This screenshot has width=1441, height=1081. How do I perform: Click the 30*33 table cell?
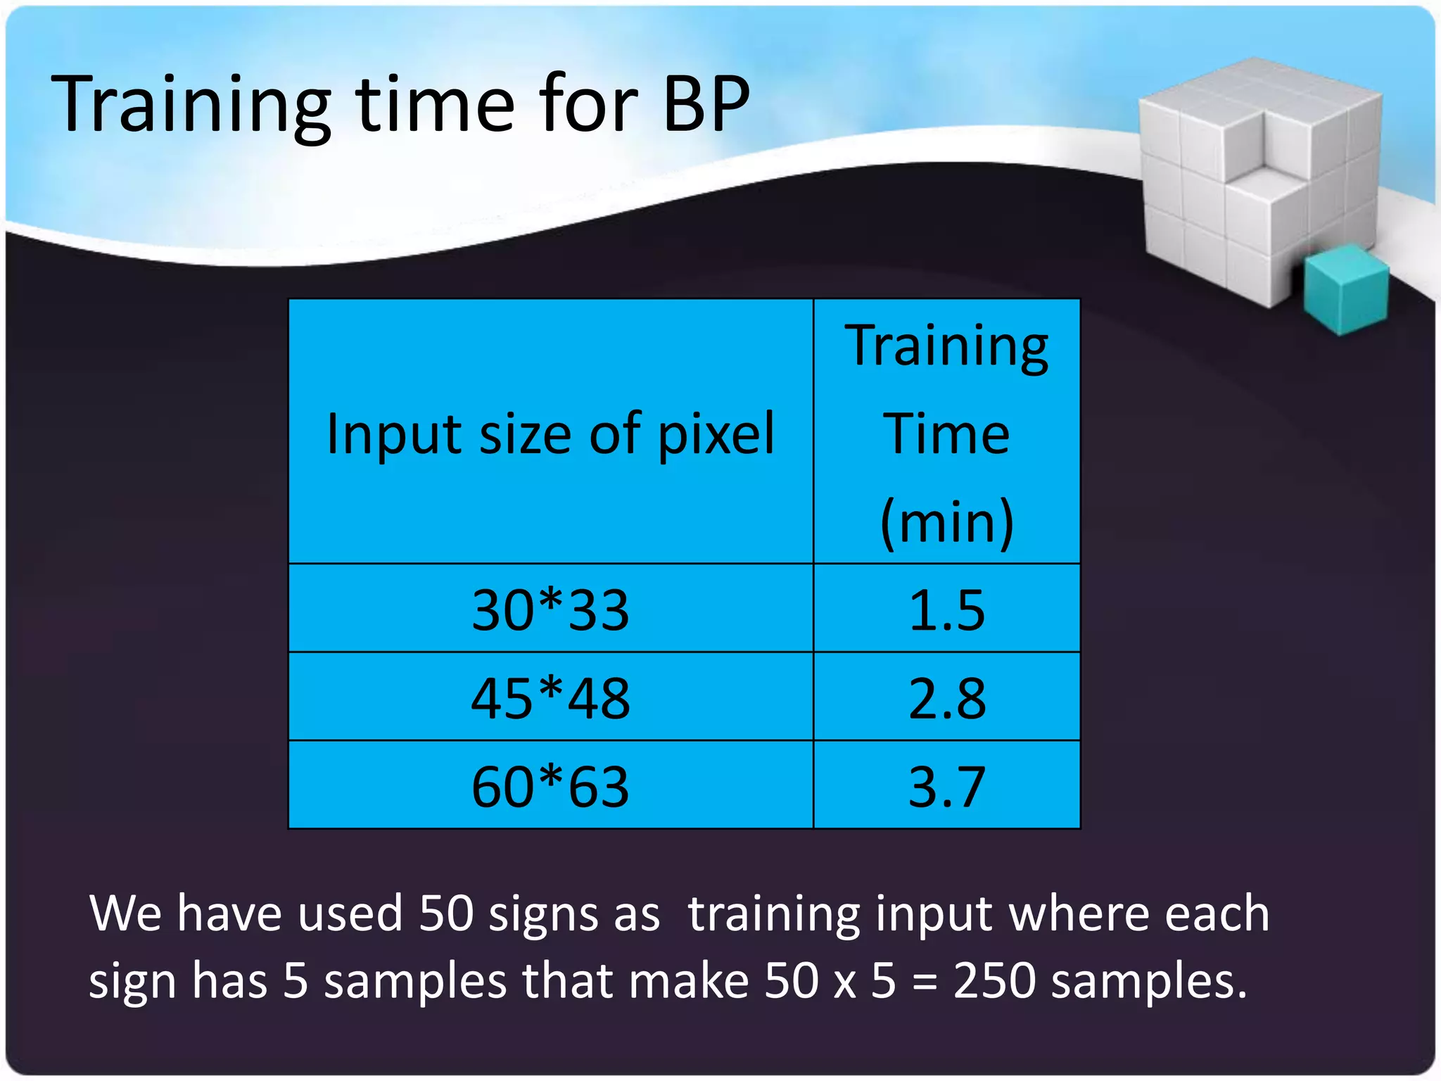(x=550, y=609)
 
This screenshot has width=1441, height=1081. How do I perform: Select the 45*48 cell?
(x=550, y=698)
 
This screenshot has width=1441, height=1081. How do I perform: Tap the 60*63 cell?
(x=550, y=786)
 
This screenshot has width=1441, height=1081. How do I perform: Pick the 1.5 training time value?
(x=946, y=609)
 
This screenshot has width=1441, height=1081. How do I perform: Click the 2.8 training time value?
(x=946, y=698)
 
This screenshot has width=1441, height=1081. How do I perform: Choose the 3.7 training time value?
(x=946, y=786)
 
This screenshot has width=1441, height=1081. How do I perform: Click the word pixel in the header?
(x=716, y=435)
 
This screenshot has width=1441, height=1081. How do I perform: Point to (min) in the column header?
(x=946, y=522)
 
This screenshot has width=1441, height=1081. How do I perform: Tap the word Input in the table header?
(x=394, y=435)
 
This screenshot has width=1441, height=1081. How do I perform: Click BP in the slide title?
(x=706, y=104)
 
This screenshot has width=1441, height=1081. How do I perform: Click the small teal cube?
(x=1345, y=289)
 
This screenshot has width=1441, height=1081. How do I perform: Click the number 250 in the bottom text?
(x=994, y=980)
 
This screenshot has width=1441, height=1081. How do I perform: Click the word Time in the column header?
(x=946, y=434)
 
